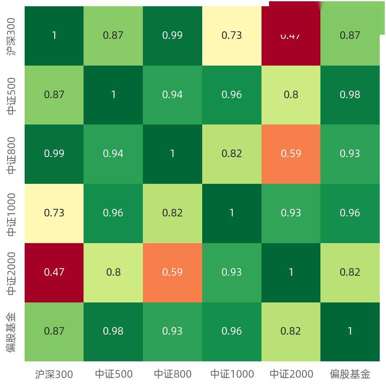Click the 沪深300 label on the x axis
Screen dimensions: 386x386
[x=54, y=374]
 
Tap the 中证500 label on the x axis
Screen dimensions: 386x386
[x=114, y=374]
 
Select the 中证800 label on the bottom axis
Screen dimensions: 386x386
[x=173, y=374]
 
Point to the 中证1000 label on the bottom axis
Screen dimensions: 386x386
[x=232, y=374]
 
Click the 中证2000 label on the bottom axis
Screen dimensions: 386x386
[x=291, y=374]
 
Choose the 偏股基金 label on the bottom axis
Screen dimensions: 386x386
[x=350, y=374]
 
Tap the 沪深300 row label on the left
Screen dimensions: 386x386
[x=12, y=36]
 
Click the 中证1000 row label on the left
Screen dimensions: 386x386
[x=12, y=214]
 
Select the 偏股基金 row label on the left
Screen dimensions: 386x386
[x=12, y=332]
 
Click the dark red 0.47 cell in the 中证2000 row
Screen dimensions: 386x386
[x=54, y=272]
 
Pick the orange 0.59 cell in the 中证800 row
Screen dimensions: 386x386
[x=291, y=154]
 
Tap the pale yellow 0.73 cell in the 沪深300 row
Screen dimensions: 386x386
[x=232, y=36]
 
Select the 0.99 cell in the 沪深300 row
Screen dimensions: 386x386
[x=173, y=36]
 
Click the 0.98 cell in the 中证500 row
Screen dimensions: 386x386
[x=350, y=95]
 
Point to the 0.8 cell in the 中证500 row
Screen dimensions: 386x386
[x=291, y=95]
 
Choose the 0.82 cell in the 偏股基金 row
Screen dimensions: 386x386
[x=291, y=331]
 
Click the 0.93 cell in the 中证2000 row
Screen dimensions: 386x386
[x=232, y=272]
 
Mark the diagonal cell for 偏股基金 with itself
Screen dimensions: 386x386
[x=350, y=331]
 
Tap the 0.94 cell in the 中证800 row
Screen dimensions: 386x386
[x=113, y=154]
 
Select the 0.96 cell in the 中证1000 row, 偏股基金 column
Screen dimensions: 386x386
[x=350, y=213]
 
